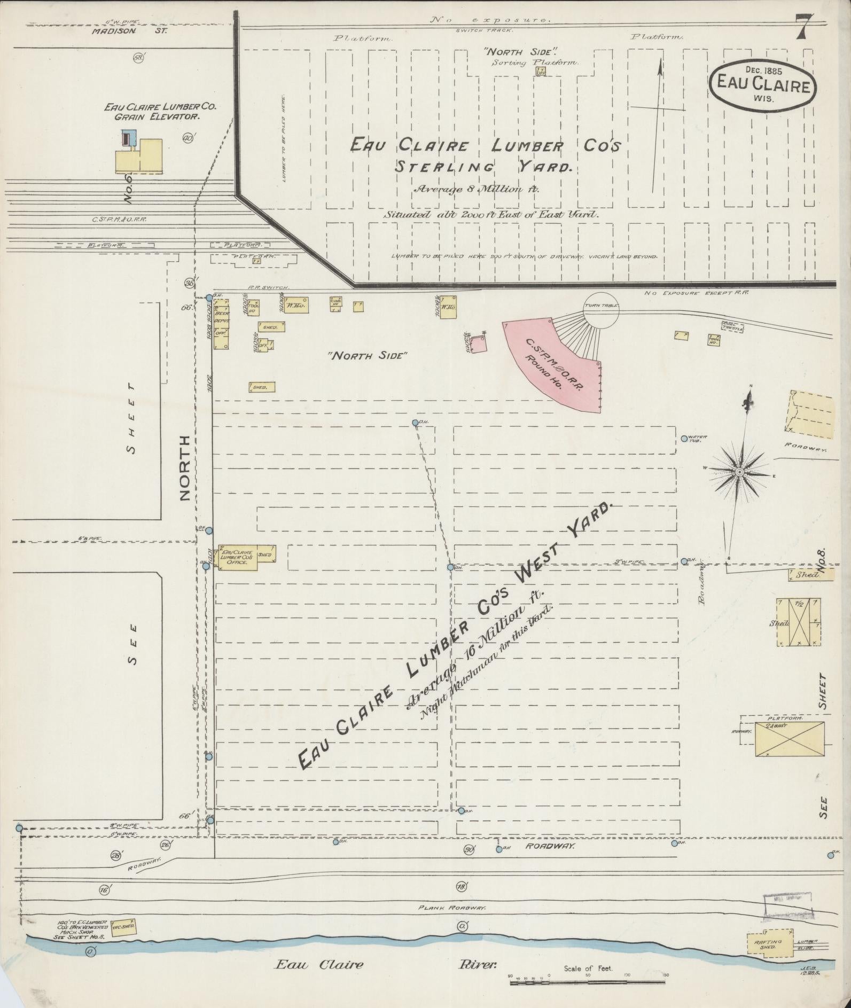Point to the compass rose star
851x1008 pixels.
pyautogui.click(x=739, y=472)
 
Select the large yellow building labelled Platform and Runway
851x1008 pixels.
pyautogui.click(x=789, y=738)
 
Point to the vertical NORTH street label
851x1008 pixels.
pyautogui.click(x=185, y=467)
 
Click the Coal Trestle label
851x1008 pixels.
pyautogui.click(x=730, y=325)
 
